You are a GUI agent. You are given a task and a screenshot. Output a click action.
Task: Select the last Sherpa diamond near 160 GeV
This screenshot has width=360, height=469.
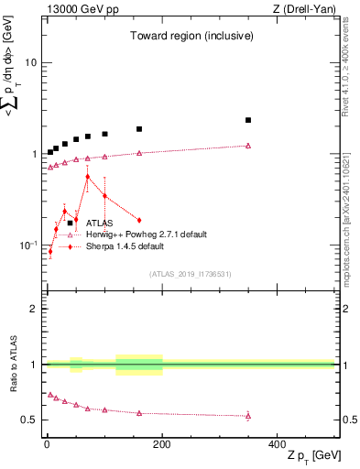pyautogui.click(x=139, y=220)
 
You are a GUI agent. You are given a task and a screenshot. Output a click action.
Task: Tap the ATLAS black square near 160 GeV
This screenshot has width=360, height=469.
pyautogui.click(x=139, y=129)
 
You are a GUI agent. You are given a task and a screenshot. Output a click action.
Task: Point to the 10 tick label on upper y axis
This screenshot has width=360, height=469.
pyautogui.click(x=30, y=63)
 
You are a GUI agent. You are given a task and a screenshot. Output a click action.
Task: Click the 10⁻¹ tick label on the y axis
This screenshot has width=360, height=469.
pyautogui.click(x=27, y=245)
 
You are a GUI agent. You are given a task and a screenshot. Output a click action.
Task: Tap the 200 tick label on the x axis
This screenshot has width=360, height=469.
pyautogui.click(x=162, y=444)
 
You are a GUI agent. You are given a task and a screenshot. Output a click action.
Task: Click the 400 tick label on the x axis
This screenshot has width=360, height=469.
pyautogui.click(x=277, y=444)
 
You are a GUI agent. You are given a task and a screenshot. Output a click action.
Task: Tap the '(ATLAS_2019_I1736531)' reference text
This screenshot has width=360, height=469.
pyautogui.click(x=191, y=274)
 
